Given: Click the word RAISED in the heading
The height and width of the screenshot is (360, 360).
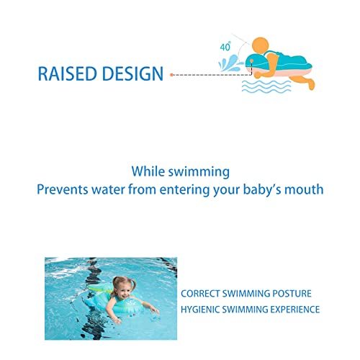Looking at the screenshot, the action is pyautogui.click(x=67, y=73).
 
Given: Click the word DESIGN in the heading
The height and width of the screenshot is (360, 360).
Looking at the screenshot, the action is pyautogui.click(x=132, y=73).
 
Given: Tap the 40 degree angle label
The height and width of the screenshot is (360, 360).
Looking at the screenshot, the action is pyautogui.click(x=225, y=46).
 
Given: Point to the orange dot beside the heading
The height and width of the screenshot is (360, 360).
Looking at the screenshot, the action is pyautogui.click(x=171, y=75).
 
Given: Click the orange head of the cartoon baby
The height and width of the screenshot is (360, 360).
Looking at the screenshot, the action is pyautogui.click(x=261, y=45).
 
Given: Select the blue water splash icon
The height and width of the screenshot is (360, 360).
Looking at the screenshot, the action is pyautogui.click(x=230, y=63).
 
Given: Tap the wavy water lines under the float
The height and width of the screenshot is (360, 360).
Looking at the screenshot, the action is pyautogui.click(x=266, y=87).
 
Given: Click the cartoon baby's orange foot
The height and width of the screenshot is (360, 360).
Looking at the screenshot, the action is pyautogui.click(x=311, y=84).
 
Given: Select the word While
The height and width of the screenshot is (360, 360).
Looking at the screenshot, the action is pyautogui.click(x=148, y=171).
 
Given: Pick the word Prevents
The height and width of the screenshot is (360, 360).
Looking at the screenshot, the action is pyautogui.click(x=63, y=189).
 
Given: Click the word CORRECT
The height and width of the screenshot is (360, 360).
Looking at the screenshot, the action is pyautogui.click(x=200, y=294).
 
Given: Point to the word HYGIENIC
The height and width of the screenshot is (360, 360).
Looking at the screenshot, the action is pyautogui.click(x=200, y=310).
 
